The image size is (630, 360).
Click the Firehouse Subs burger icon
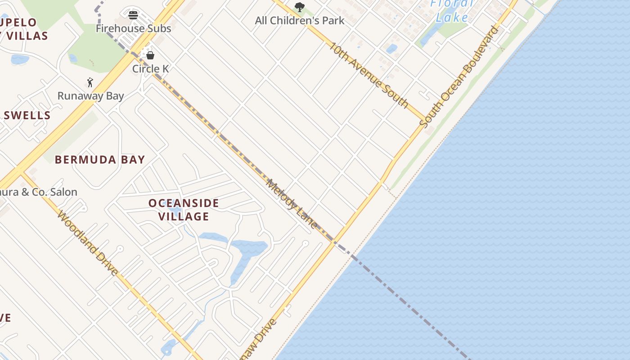click(133, 15)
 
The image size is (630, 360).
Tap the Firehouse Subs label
click(134, 28)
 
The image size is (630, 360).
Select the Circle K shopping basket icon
click(150, 55)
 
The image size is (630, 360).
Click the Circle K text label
click(151, 69)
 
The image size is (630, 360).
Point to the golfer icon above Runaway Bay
click(90, 82)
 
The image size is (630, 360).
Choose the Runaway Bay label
click(90, 96)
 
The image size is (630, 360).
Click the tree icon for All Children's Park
click(299, 7)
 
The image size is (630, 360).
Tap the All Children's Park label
click(300, 20)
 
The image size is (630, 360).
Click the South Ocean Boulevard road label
click(459, 76)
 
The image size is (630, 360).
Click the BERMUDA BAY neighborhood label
click(100, 160)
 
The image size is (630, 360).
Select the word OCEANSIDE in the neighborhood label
click(184, 203)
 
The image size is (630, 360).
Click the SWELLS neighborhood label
click(27, 115)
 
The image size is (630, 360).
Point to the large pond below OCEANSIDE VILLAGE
click(247, 252)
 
